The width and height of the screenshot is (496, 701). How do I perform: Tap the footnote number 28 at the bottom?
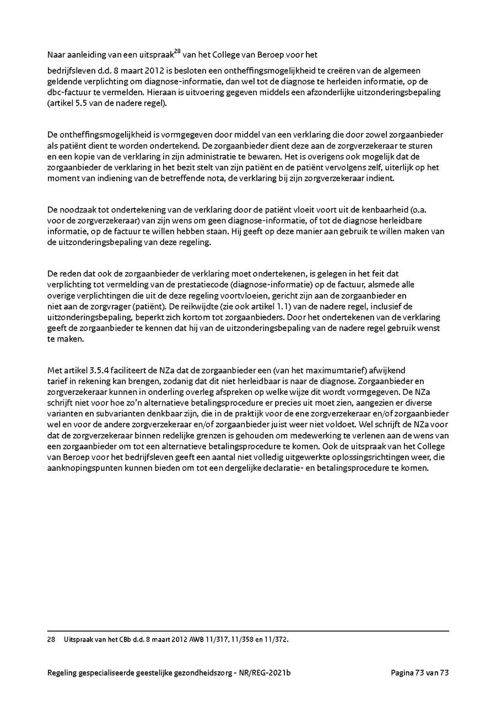(x=51, y=639)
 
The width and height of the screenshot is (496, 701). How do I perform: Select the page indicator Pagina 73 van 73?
(x=420, y=672)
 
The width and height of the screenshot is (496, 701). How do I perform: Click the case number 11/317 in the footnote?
(x=218, y=639)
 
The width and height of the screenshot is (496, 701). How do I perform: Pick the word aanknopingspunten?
(x=82, y=468)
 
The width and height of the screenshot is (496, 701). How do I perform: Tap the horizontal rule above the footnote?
(x=248, y=631)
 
